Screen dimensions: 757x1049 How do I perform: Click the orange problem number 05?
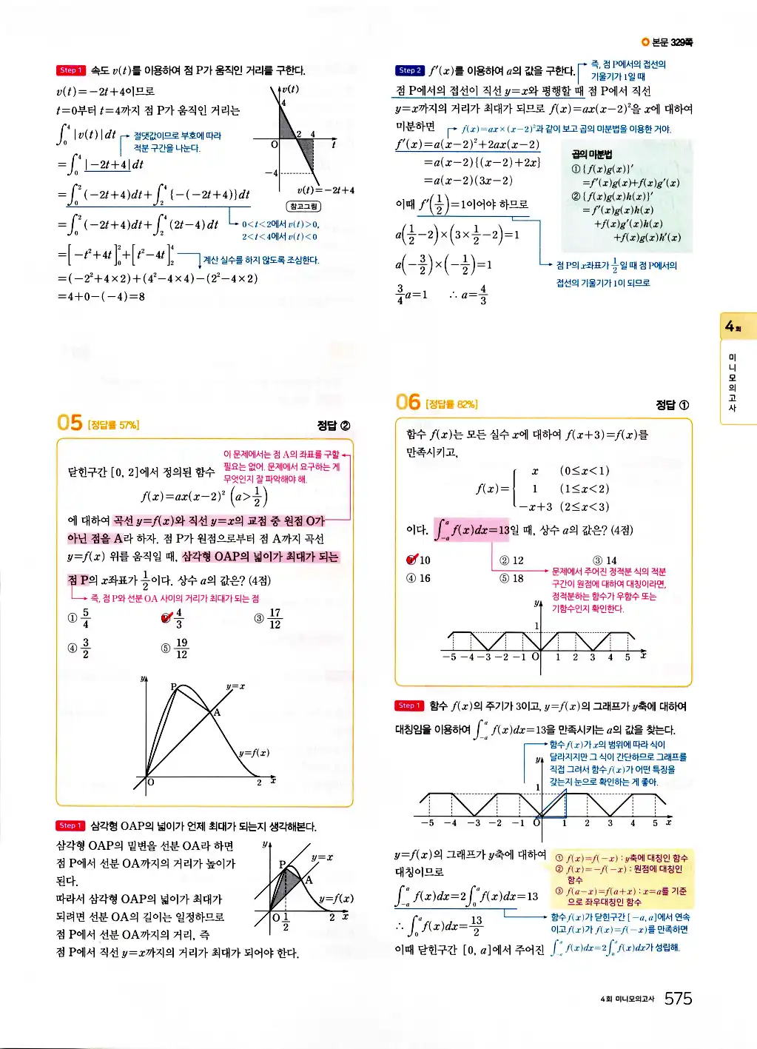coord(70,423)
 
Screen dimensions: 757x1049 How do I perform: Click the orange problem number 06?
coord(408,402)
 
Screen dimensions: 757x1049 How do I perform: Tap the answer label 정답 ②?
coord(333,425)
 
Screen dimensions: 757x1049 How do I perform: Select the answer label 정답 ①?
coord(672,404)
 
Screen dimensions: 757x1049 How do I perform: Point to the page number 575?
coord(678,999)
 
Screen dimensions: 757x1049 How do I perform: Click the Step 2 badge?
coord(409,70)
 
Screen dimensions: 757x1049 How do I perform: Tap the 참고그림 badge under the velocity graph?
coord(303,207)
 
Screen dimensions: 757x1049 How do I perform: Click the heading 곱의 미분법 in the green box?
coord(591,154)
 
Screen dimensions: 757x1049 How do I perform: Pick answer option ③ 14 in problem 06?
coord(605,560)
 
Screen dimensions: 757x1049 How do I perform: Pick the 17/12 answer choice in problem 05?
coord(268,618)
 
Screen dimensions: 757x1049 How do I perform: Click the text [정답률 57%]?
coord(113,425)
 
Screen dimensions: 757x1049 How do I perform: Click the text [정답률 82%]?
coord(451,404)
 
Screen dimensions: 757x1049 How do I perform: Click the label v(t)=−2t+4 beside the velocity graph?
coord(326,190)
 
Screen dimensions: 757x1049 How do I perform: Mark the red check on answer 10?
coord(412,560)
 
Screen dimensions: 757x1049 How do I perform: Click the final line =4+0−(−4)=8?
coord(101,296)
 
